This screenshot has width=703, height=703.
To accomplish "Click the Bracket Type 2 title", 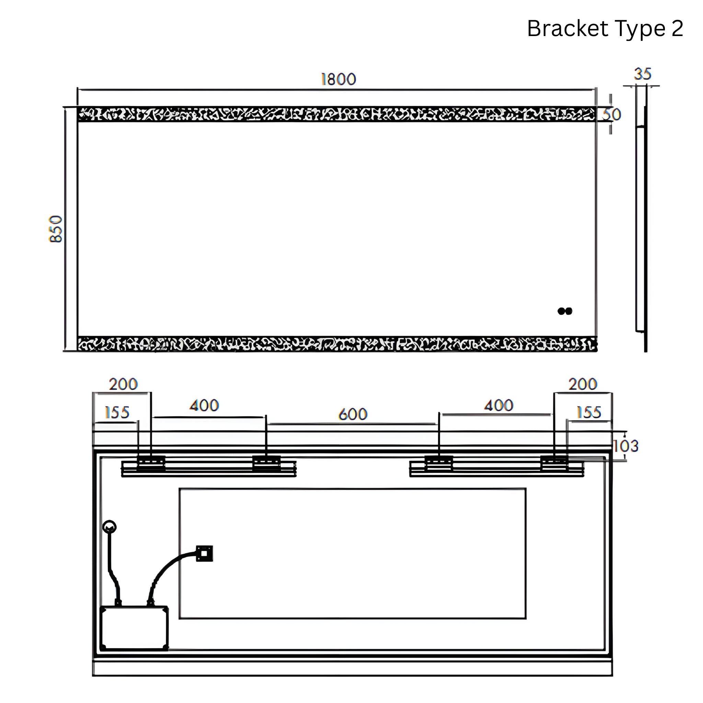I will tap(605, 29).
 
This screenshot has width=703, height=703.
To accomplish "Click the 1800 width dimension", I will tap(338, 79).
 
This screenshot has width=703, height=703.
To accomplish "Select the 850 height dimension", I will tap(56, 229).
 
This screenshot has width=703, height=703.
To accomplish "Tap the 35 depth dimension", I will tap(642, 74).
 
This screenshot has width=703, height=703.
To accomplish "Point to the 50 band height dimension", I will tap(612, 115).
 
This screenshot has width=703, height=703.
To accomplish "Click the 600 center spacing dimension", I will tap(353, 414).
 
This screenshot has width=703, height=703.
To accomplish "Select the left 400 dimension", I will tap(204, 405).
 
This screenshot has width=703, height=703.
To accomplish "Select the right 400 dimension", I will tap(498, 405).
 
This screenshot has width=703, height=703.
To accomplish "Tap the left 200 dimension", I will tap(123, 384).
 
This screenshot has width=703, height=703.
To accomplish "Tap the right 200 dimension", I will tap(583, 384).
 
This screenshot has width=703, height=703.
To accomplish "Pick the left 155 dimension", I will tap(117, 413).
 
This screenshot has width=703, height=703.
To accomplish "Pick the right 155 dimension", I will tap(588, 413).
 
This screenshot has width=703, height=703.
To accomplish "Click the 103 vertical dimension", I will tap(626, 446).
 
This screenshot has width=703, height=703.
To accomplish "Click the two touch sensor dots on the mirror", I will tap(565, 311).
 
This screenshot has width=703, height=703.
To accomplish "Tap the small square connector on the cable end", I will tap(204, 553).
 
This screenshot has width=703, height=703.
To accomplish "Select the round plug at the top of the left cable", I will tap(110, 527).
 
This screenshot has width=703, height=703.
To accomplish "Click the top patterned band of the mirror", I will tap(337, 114).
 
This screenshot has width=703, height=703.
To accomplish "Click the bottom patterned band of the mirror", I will tap(337, 344).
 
